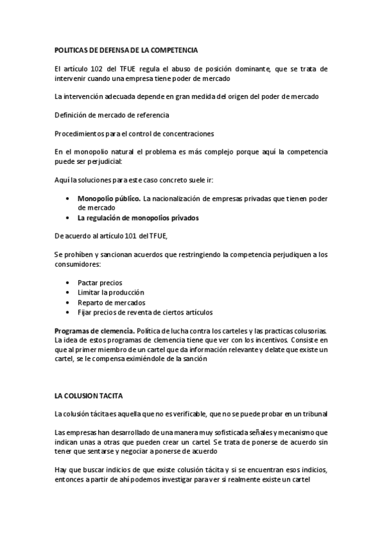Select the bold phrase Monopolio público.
coord(108,198)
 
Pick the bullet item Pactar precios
coord(99,283)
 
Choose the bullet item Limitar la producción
coord(111,292)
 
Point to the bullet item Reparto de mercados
coord(111,302)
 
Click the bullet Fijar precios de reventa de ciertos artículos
coord(145,313)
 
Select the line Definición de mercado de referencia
coord(112,115)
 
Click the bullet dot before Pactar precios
coord(68,283)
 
